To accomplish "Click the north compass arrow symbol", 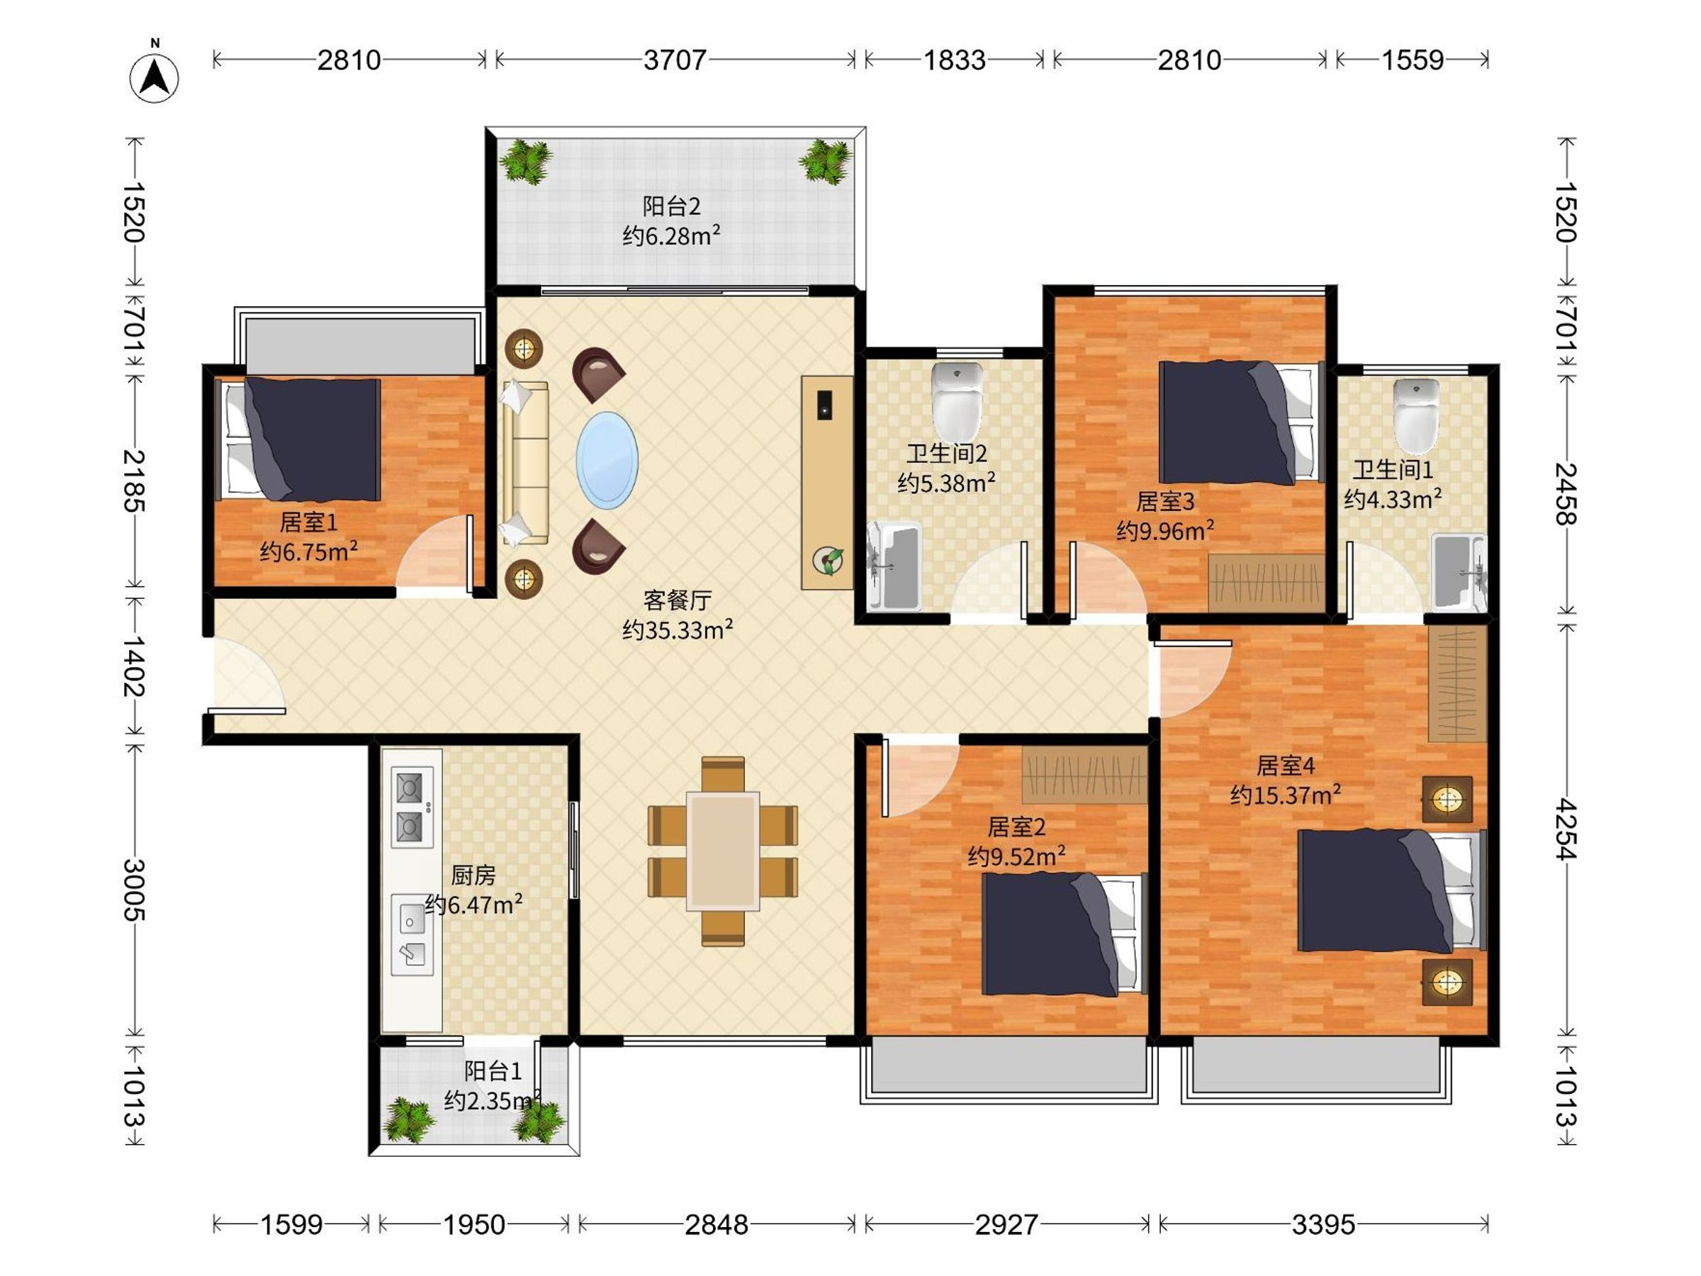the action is (155, 78).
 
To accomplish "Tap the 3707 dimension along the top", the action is (675, 60).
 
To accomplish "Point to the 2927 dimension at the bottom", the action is (1006, 1224).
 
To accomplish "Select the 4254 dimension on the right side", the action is (1566, 829).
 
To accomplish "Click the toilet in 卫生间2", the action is (957, 401).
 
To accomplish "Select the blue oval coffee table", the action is (607, 460).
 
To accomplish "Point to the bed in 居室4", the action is (1392, 890).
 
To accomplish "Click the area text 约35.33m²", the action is (678, 630).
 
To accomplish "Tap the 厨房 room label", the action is (473, 875).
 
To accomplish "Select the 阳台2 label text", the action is (671, 206).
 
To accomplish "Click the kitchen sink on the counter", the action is (412, 934).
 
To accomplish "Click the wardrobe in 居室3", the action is (1266, 583).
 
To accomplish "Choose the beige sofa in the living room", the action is (525, 463).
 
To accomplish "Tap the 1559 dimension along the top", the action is (1413, 60).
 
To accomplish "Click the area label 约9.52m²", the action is (1016, 856).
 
